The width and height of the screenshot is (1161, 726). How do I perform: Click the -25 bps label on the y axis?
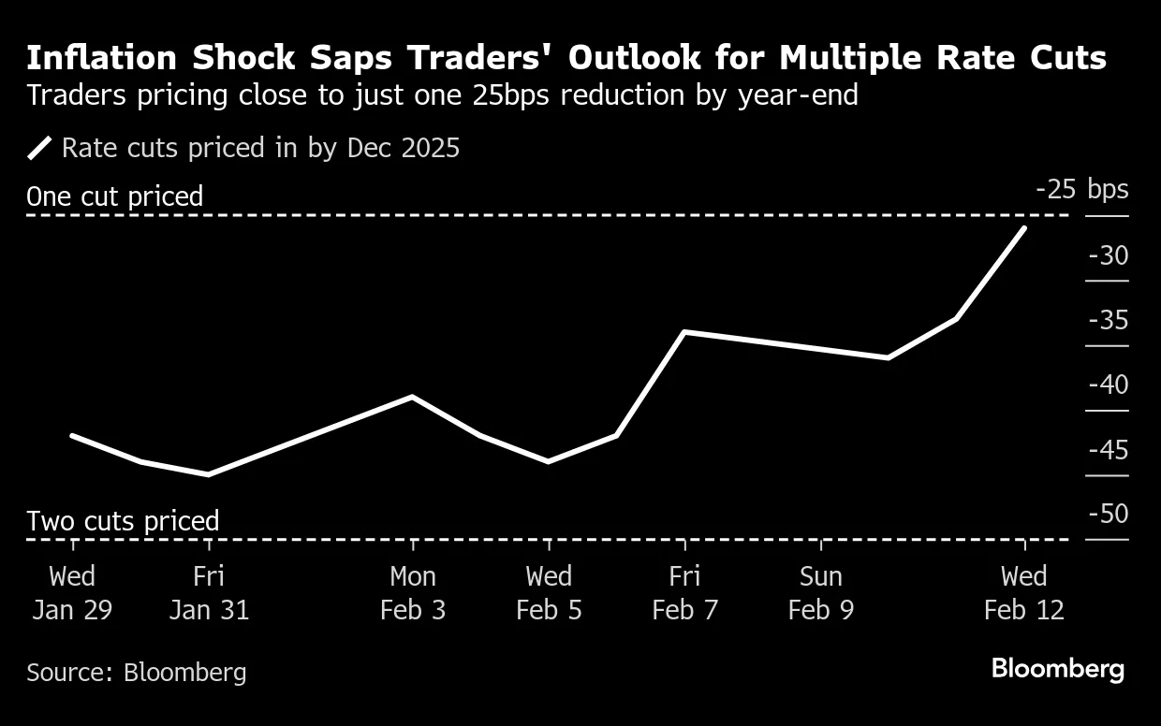(1081, 189)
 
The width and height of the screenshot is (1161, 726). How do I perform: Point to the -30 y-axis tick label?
(1108, 255)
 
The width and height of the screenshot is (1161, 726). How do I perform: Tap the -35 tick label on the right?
(1108, 320)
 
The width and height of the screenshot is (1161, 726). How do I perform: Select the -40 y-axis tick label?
(1108, 385)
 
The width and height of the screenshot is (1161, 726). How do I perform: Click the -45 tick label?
(1108, 450)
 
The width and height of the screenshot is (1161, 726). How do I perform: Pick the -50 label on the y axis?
(1108, 514)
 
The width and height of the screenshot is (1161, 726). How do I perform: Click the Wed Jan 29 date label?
(72, 593)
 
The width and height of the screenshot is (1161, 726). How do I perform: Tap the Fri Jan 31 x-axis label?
(209, 593)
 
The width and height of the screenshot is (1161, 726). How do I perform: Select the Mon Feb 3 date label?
(413, 593)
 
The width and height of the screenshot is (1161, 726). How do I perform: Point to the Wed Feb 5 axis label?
(549, 593)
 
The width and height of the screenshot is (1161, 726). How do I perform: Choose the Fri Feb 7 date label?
(685, 593)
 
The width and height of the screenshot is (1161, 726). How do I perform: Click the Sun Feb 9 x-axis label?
(821, 593)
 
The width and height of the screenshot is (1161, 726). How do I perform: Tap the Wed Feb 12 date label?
(1024, 593)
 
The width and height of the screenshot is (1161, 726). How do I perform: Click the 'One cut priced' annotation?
(114, 196)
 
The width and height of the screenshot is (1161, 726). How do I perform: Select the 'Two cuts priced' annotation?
(123, 520)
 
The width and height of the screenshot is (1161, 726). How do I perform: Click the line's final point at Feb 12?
(1025, 228)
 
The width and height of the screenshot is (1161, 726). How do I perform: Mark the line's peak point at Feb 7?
(685, 332)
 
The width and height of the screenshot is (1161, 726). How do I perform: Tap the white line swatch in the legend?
(41, 148)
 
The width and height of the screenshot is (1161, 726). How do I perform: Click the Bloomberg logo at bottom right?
(1057, 669)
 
